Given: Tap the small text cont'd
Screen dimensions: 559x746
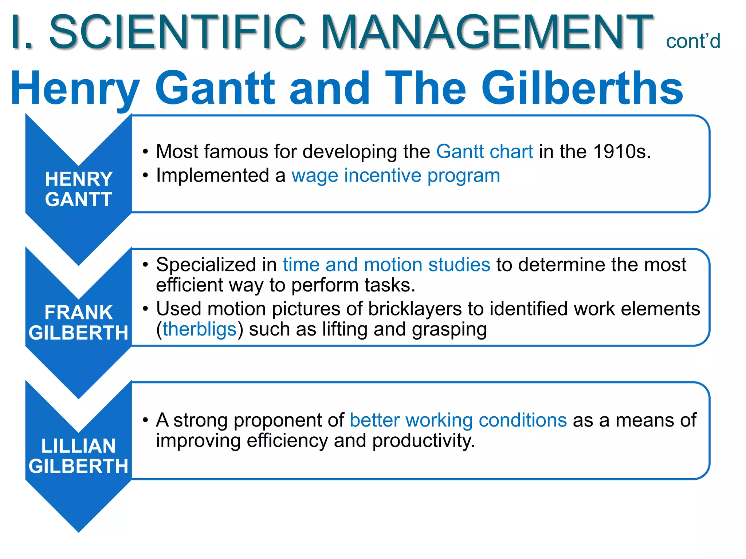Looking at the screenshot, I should (693, 41).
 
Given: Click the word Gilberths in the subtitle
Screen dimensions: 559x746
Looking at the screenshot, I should (582, 88).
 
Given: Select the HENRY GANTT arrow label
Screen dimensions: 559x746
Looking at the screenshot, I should (78, 189).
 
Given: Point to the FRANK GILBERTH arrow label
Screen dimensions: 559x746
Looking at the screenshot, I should (78, 322).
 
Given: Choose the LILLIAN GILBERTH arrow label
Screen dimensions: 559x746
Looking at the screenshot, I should (78, 456).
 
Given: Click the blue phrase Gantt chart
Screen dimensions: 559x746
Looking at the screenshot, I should (484, 151).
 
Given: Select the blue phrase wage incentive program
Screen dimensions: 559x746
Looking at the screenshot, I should (396, 175).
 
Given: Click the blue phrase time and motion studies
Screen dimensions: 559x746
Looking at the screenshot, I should (386, 265).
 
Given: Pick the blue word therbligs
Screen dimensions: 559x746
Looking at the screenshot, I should (200, 329).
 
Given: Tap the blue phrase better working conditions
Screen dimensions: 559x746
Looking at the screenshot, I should (458, 420).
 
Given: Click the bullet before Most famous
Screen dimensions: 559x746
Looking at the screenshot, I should (145, 151).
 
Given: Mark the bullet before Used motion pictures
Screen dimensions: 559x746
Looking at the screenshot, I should (145, 309).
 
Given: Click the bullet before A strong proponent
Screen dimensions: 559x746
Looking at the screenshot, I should (145, 420).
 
